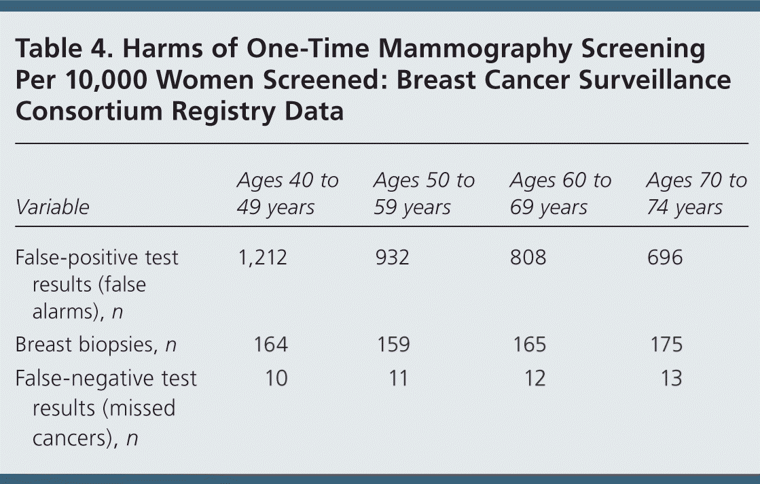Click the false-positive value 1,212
click(x=262, y=258)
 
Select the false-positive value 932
click(x=392, y=257)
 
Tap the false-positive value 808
click(x=528, y=257)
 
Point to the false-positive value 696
click(x=665, y=257)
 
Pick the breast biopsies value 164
click(x=271, y=345)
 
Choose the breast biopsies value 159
click(x=393, y=345)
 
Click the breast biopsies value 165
click(x=530, y=345)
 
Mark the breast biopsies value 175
click(x=666, y=345)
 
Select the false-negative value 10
click(x=276, y=378)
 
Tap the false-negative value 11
click(x=399, y=378)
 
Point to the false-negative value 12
click(x=535, y=378)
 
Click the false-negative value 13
click(x=672, y=378)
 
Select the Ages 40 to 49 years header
click(x=287, y=194)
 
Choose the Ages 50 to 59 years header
click(x=424, y=194)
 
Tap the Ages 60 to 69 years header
click(x=561, y=194)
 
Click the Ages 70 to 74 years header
click(x=697, y=194)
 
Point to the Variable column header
click(x=52, y=207)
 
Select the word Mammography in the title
click(x=475, y=50)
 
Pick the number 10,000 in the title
click(x=106, y=80)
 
